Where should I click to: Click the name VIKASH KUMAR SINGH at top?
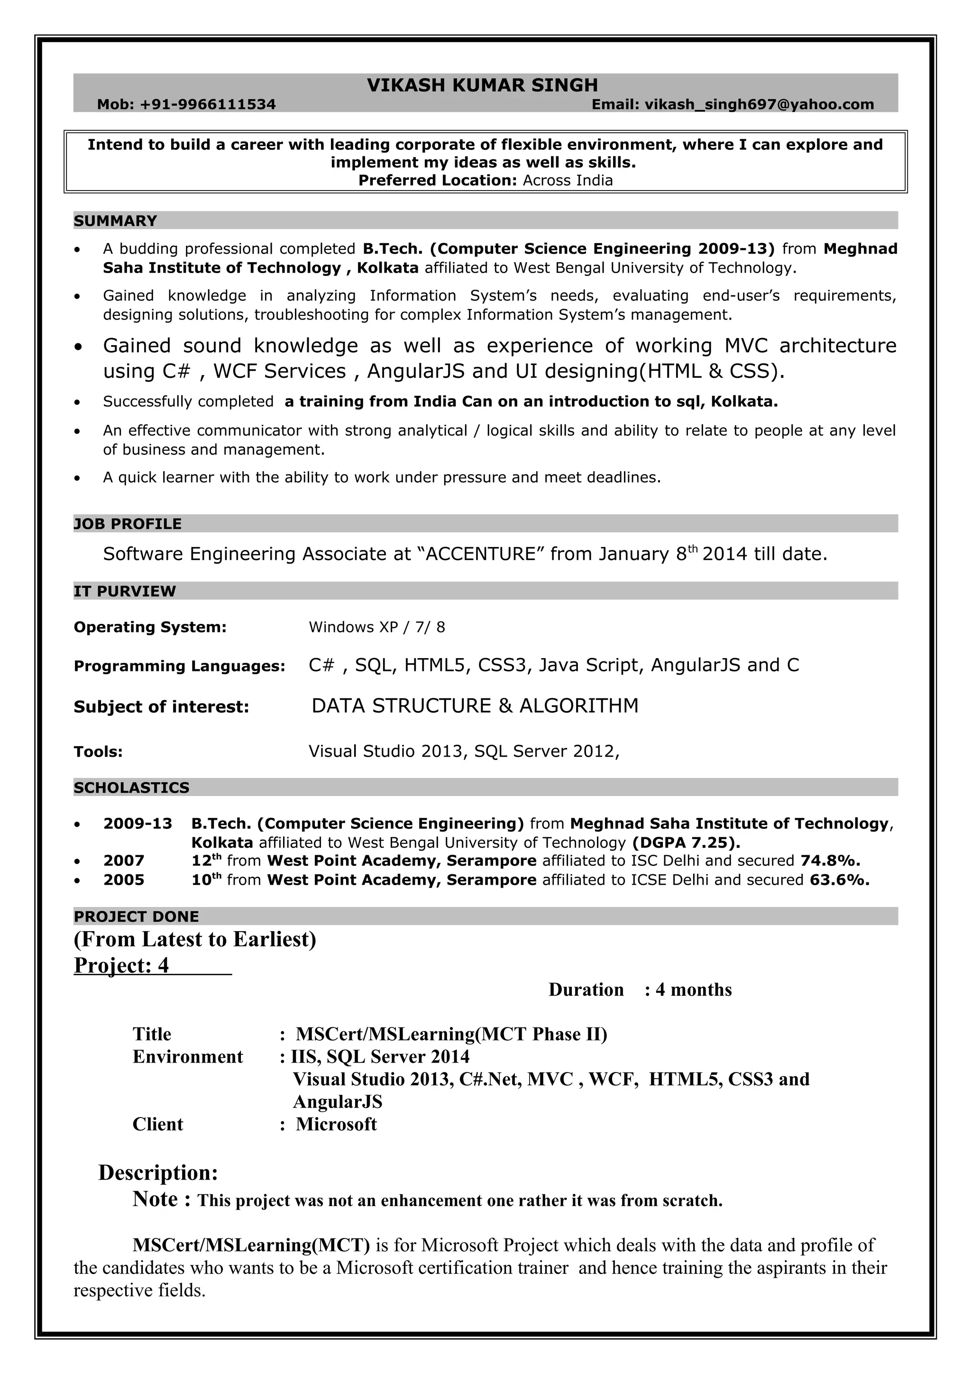482,85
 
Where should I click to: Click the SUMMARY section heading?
115,221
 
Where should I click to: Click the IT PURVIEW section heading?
124,591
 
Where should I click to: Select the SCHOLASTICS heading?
131,788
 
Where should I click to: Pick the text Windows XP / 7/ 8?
376,627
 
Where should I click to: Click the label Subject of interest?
161,707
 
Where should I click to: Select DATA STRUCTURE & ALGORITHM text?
475,706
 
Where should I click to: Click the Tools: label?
98,751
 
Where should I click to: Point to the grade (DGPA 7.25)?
686,843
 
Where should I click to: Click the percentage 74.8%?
830,861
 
